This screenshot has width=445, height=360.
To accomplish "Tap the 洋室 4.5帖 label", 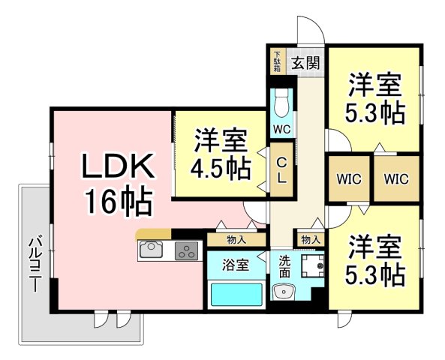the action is coord(221,154).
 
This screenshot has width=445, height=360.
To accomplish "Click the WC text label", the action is coord(282,129).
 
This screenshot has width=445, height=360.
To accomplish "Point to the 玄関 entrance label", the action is coord(306,63).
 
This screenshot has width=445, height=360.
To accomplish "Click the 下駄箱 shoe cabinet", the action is coord(277,61).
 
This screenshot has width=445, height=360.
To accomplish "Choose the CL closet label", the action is coord(281,170).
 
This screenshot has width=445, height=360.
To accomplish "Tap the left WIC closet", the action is coord(349,178).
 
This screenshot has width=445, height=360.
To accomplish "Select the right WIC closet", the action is coord(396,178).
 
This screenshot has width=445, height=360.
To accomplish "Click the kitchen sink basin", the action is coord(152,250).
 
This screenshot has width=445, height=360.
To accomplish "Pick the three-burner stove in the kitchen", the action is coord(186,250).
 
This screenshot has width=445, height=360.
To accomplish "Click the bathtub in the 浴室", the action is coord(236,295).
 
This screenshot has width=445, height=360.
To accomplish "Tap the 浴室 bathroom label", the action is coord(236,265).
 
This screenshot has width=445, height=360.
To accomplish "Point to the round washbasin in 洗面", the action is coord(283,291).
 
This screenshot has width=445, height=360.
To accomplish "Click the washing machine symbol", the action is coord(312,266).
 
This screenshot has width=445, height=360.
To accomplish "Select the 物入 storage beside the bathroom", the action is coord(236,240).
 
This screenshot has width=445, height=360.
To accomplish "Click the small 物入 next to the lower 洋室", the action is coord(311,240).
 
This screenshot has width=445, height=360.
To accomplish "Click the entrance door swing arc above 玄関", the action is coord(316,25).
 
